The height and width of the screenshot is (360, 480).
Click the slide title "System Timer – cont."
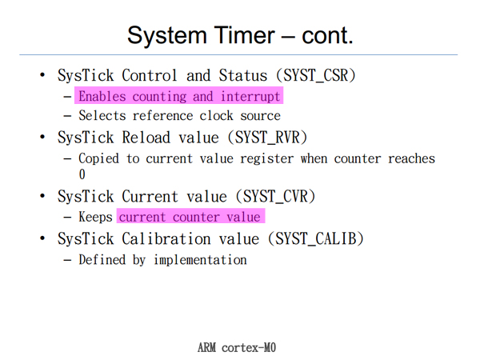240,34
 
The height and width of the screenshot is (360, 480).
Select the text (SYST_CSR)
316,76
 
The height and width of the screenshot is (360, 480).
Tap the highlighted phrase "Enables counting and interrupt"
179,97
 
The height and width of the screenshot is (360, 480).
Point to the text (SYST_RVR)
268,137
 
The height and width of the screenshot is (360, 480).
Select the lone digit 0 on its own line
82,174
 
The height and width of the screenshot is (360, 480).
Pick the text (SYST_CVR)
276,197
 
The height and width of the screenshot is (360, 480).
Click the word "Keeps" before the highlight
96,218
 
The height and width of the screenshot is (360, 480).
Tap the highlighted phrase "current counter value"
190,218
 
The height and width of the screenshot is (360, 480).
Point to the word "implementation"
200,260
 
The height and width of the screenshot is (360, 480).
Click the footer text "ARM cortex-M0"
237,347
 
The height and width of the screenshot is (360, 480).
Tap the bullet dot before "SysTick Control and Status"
43,76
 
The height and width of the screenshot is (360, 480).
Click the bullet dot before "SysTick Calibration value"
43,239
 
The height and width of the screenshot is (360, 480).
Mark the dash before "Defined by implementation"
68,260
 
